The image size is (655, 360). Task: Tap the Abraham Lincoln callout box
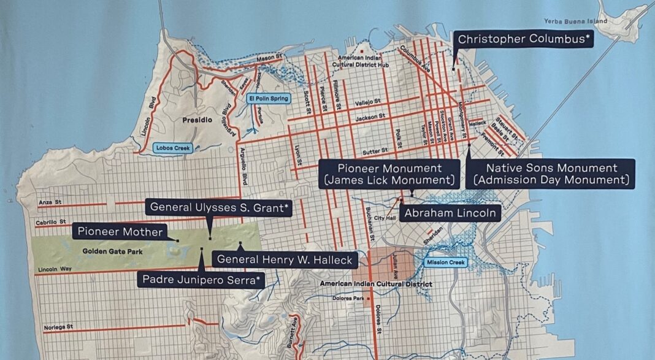[x=450, y=213]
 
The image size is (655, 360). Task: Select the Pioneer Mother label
[x=120, y=231]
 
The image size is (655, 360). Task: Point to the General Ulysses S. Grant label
[x=219, y=207]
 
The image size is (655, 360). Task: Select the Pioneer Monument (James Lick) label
[x=389, y=174]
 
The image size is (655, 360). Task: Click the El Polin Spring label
[x=267, y=98]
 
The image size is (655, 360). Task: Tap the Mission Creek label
[x=446, y=262]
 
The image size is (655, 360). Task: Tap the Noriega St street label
[x=59, y=327]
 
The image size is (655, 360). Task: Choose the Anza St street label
[x=46, y=201]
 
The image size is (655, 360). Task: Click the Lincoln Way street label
[x=52, y=269]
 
